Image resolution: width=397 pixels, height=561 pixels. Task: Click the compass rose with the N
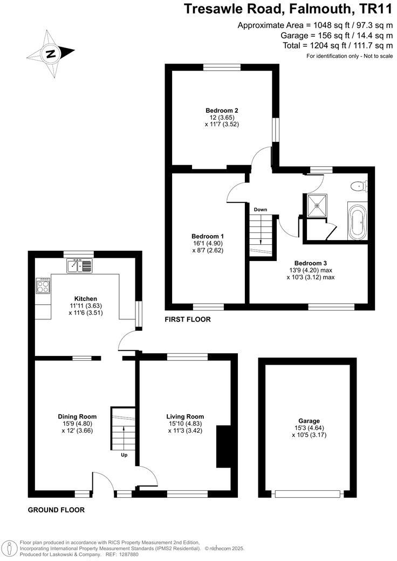pyautogui.click(x=51, y=53)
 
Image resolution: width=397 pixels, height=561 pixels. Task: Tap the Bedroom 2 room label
pyautogui.click(x=222, y=110)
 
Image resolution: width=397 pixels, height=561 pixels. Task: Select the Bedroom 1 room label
pyautogui.click(x=208, y=236)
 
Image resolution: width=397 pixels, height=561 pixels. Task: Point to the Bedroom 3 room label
pyautogui.click(x=311, y=263)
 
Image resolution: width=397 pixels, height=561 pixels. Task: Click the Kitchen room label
pyautogui.click(x=85, y=298)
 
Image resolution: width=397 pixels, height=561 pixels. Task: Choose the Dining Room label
pyautogui.click(x=77, y=416)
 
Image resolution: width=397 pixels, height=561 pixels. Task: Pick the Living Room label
pyautogui.click(x=185, y=416)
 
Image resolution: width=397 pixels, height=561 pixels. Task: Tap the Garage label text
pyautogui.click(x=309, y=421)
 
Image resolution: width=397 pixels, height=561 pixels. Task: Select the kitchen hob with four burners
pyautogui.click(x=43, y=285)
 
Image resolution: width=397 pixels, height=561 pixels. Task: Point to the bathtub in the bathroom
pyautogui.click(x=357, y=221)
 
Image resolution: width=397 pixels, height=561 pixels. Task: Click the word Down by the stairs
pyautogui.click(x=261, y=209)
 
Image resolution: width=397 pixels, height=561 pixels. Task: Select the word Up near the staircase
pyautogui.click(x=124, y=455)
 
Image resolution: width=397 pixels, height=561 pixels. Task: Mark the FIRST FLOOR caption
pyautogui.click(x=187, y=320)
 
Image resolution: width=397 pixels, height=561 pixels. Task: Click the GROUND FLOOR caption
pyautogui.click(x=57, y=510)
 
